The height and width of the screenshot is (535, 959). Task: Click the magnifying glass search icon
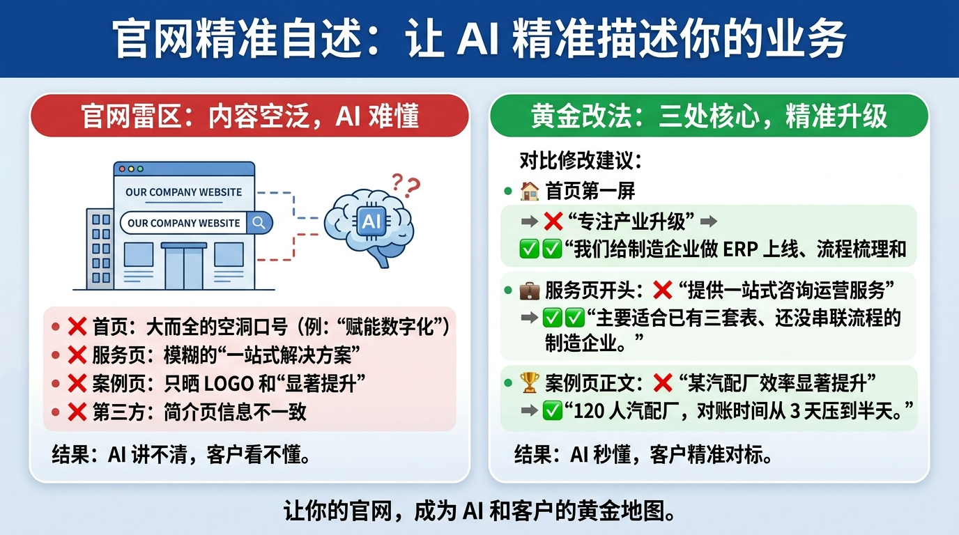[259, 223]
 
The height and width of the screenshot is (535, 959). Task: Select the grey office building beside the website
[100, 248]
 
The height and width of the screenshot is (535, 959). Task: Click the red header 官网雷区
[249, 115]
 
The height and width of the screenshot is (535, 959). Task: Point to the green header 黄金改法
[708, 116]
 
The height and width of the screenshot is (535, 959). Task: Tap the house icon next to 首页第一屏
[530, 190]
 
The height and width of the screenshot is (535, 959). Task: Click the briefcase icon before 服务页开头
[530, 290]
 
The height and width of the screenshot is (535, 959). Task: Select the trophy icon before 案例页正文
[530, 382]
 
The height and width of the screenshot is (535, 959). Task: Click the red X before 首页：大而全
[77, 327]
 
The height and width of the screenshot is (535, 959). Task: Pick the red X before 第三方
[77, 412]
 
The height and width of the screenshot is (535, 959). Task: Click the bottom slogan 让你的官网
[479, 512]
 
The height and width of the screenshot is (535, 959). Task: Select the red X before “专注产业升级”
[553, 222]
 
